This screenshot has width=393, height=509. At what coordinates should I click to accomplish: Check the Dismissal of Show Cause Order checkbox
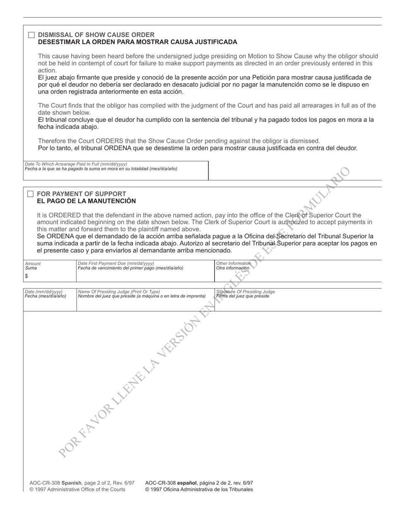tap(31, 35)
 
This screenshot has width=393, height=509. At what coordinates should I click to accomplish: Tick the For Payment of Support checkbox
tap(30, 194)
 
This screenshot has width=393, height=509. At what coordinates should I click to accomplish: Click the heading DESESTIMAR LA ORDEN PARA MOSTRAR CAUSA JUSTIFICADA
tap(137, 42)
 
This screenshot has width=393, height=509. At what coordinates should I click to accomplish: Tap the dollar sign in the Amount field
tap(26, 276)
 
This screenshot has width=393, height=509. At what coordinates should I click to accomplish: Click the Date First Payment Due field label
tap(116, 263)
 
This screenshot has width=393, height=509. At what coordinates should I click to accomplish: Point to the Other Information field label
tap(233, 263)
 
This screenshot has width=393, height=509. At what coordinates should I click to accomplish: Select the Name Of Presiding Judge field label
tap(119, 292)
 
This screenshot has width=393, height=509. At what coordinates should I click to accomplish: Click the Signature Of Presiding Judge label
tap(245, 292)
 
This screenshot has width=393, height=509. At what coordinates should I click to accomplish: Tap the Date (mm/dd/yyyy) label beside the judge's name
tap(43, 292)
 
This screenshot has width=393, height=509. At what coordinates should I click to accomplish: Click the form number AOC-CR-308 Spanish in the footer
tap(55, 483)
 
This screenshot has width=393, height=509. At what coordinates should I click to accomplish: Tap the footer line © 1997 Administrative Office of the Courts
tap(77, 490)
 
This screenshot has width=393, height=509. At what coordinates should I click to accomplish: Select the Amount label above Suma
tap(33, 264)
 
